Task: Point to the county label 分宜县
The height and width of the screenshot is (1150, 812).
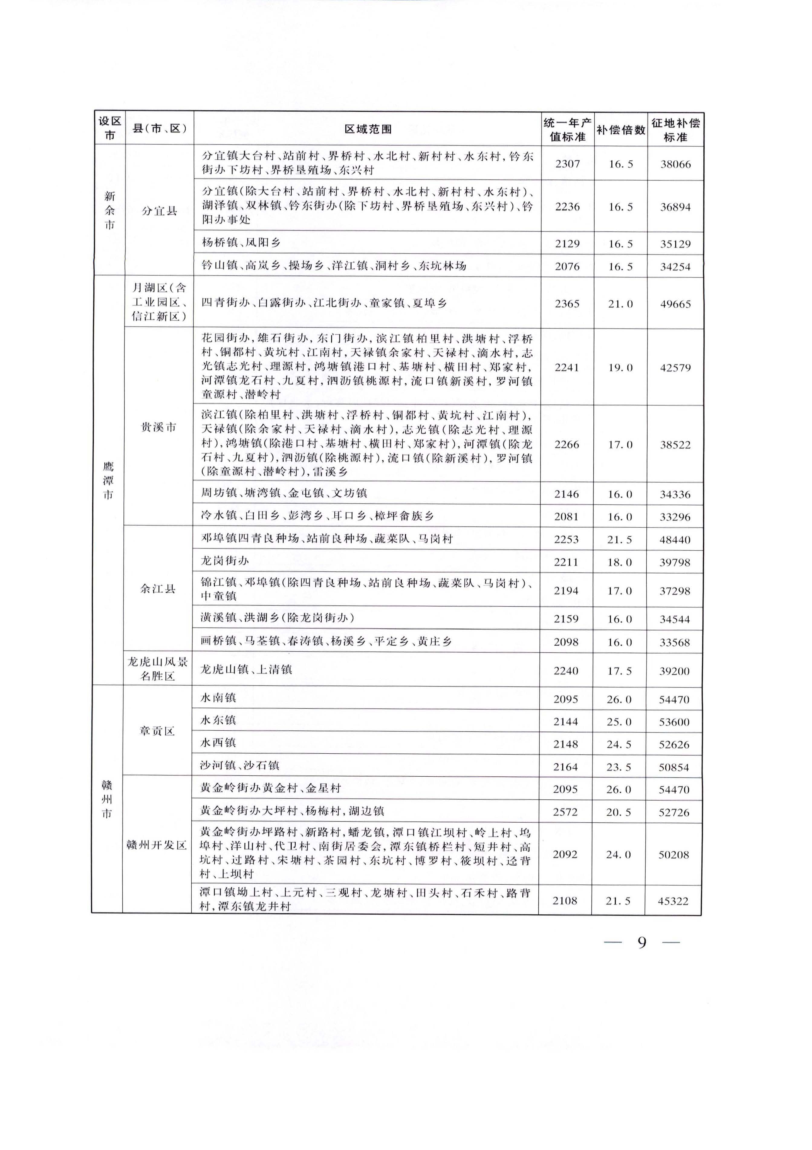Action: coord(159,211)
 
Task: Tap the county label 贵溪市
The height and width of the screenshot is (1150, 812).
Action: coord(158,427)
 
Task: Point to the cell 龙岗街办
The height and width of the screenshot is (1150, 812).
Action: coord(225,561)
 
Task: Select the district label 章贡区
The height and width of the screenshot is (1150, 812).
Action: coord(157,731)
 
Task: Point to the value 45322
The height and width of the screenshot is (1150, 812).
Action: coord(673,901)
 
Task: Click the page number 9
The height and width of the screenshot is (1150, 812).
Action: coord(642,943)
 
